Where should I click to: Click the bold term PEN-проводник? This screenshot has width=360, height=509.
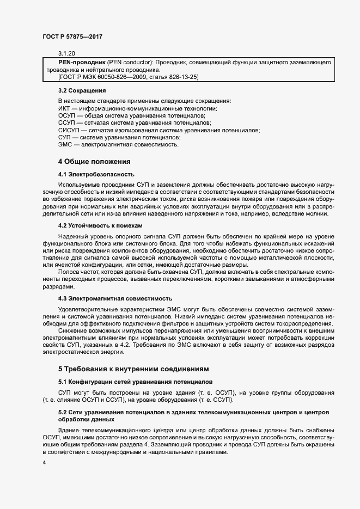[x=82, y=63]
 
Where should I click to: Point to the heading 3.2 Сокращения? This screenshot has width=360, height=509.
[x=82, y=90]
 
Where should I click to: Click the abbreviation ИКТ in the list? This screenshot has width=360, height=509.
[x=64, y=109]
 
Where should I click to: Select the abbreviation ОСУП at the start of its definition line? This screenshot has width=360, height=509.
[x=67, y=116]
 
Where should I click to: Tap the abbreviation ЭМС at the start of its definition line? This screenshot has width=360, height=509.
[x=65, y=145]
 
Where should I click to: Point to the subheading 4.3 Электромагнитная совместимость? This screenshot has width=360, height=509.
[x=115, y=298]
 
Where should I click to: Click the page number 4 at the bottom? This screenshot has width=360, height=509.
[x=44, y=463]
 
